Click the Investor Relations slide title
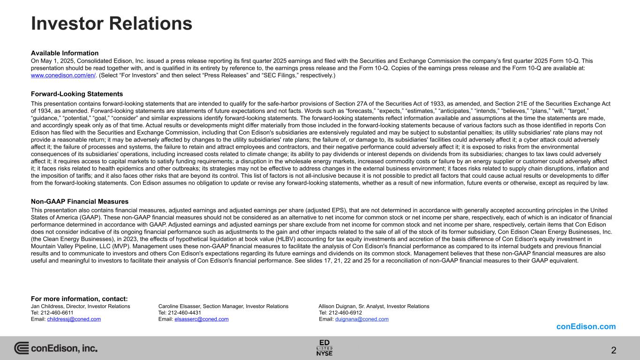pyautogui.click(x=111, y=23)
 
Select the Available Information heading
pyautogui.click(x=65, y=53)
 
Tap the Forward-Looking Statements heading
pyautogui.click(x=77, y=94)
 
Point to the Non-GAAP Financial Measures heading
pyautogui.click(x=80, y=202)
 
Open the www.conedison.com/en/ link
pyautogui.click(x=63, y=75)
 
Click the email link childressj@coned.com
pyautogui.click(x=74, y=319)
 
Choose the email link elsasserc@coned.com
pyautogui.click(x=201, y=319)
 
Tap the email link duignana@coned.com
pyautogui.click(x=361, y=319)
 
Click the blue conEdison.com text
pyautogui.click(x=586, y=327)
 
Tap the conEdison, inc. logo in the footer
pyautogui.click(x=56, y=348)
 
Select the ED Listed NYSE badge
pyautogui.click(x=324, y=347)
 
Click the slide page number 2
pyautogui.click(x=614, y=350)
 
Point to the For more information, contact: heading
pyautogui.click(x=79, y=299)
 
